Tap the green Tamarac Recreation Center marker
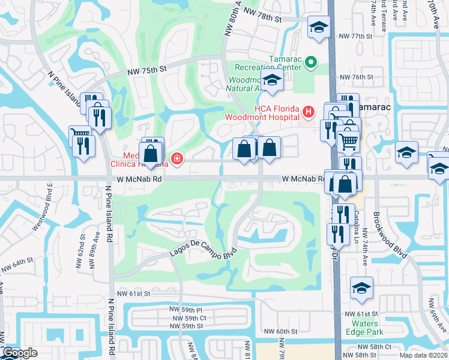[x=311, y=62]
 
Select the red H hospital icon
[x=308, y=111]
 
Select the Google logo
[x=20, y=353]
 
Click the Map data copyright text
[x=423, y=355]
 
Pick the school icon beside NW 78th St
[x=319, y=26]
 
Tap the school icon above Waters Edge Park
[x=362, y=288]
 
